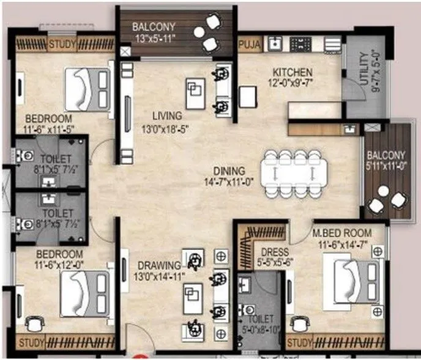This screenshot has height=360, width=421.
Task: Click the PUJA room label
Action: tap(250, 44)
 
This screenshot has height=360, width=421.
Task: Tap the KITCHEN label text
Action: tap(292, 72)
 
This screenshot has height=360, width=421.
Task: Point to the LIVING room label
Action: tap(167, 116)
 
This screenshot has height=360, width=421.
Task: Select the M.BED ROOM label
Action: tap(341, 233)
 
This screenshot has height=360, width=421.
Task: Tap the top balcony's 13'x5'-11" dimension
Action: tap(155, 38)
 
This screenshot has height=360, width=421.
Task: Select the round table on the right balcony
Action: tap(383, 191)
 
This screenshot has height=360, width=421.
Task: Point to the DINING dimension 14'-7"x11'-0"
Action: tap(229, 182)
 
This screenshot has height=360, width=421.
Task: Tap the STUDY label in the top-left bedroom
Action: tap(62, 44)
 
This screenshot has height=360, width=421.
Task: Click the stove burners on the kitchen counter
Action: tap(300, 43)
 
